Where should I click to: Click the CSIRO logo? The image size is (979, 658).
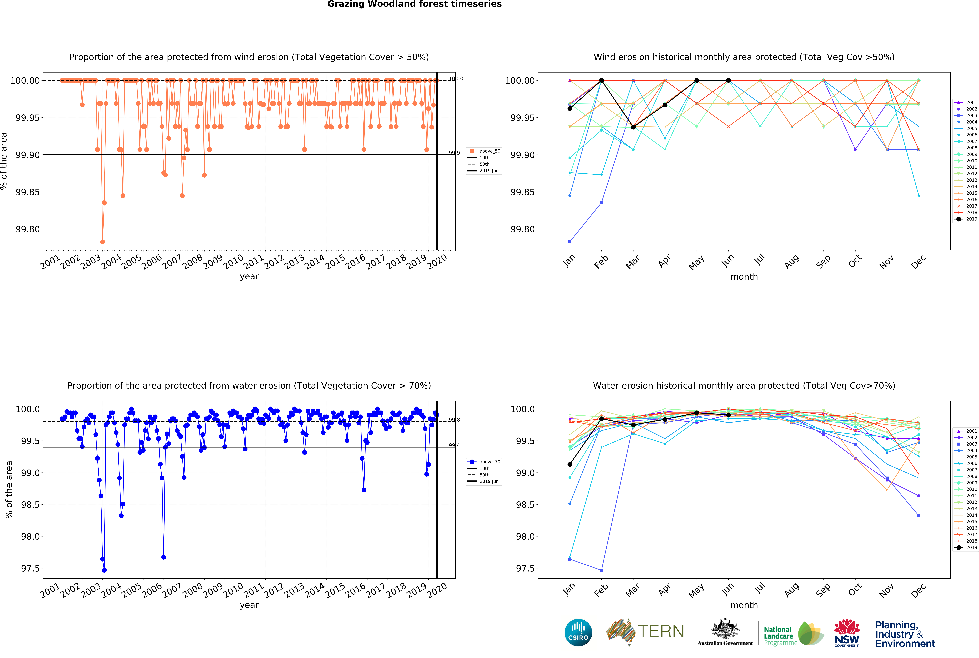pos(578,632)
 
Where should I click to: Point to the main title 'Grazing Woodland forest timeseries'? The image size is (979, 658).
pos(414,4)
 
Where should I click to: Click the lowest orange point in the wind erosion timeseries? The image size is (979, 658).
pos(102,242)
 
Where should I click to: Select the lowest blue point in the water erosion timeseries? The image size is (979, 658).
pos(104,570)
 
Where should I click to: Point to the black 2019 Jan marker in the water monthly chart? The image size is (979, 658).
pos(570,465)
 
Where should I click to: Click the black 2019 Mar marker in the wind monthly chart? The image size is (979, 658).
pos(633,127)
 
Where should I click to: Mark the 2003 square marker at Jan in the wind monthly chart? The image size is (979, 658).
pos(570,242)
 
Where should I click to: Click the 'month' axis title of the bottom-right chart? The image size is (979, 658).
pos(744,605)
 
